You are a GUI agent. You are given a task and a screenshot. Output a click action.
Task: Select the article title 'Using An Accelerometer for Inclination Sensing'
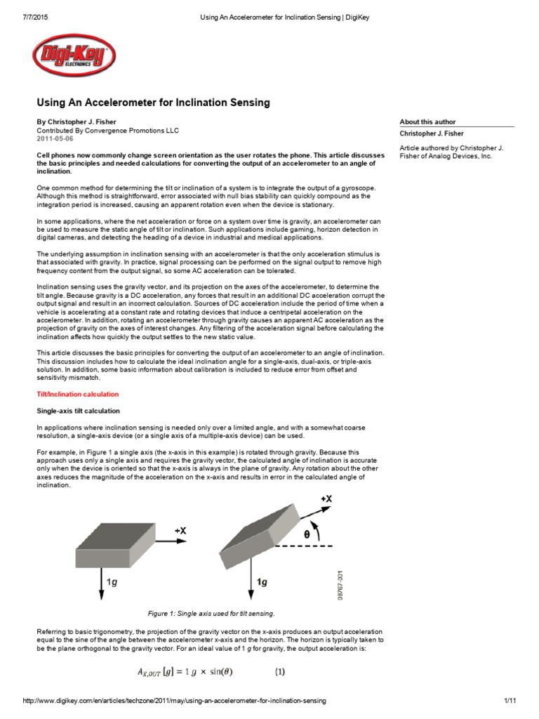tap(153, 103)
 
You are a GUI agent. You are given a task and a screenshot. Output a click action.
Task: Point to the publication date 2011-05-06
tap(55, 139)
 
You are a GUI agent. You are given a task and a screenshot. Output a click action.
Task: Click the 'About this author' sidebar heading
tap(427, 121)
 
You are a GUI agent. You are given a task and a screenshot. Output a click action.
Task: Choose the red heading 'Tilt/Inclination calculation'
tap(77, 395)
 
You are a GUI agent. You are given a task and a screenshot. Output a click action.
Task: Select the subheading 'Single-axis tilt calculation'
tap(78, 411)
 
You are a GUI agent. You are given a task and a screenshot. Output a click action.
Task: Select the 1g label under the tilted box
tap(262, 582)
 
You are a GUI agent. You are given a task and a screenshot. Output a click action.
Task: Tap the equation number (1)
tap(280, 671)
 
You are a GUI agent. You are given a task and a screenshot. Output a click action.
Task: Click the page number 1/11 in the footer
tap(510, 701)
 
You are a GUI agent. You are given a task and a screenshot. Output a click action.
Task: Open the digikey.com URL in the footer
tap(175, 701)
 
